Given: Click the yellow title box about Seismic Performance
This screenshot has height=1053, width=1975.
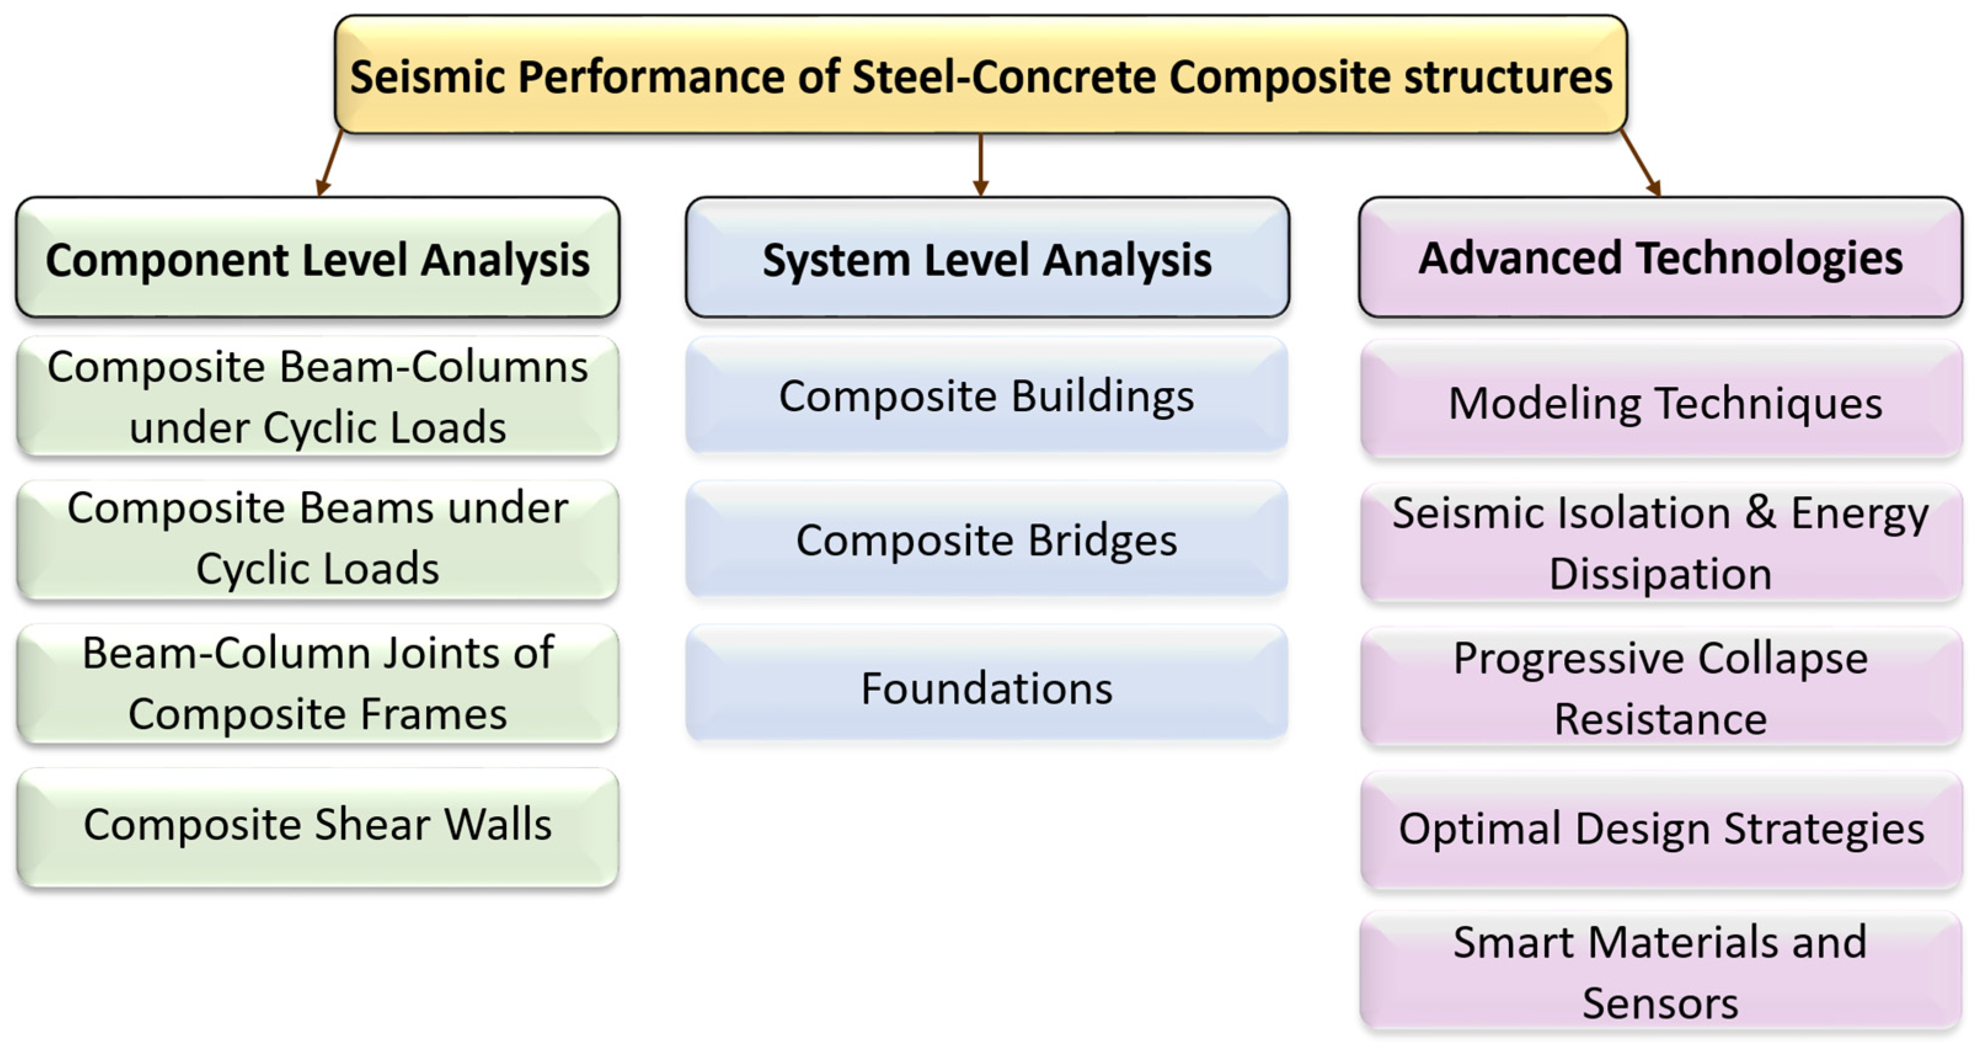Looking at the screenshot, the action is coord(980,74).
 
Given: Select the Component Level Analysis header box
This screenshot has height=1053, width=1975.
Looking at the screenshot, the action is coord(317,258).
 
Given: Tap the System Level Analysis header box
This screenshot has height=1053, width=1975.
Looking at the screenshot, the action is coord(988,258).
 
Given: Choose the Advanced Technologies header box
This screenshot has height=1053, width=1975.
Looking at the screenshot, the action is coord(1661,258).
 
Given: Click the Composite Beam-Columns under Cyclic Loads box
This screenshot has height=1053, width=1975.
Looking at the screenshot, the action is coord(317,396).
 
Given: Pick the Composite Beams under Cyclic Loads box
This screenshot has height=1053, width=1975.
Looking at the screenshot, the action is coord(317,540).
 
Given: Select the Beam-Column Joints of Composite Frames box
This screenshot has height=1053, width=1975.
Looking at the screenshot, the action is coord(317,684).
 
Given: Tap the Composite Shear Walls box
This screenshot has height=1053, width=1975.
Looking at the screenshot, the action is coord(317,827).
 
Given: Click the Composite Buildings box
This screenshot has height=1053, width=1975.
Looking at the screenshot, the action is coord(987,395).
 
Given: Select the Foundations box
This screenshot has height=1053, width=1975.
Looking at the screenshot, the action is coord(987,683).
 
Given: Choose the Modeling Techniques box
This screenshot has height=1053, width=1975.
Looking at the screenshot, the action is coord(1661,400).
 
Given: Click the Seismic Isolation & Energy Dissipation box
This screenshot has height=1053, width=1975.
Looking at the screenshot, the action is coord(1661,543).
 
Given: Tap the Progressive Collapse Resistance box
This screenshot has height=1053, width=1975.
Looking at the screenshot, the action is coord(1661,687).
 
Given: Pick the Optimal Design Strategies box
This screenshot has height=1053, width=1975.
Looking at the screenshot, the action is coord(1661,830).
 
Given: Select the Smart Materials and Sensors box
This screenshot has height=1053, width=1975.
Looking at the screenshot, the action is coord(1661,972).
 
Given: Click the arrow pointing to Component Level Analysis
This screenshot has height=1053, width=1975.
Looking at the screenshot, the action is coord(330,162).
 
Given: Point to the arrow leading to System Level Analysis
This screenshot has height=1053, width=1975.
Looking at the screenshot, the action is coord(980,165).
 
